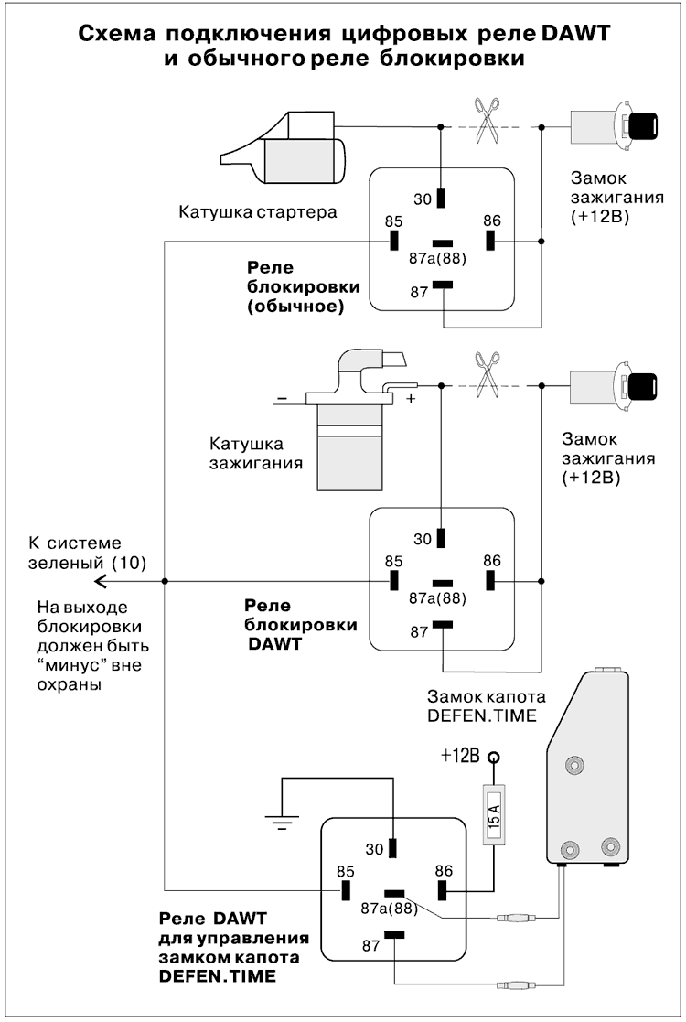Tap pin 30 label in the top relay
pyautogui.click(x=422, y=198)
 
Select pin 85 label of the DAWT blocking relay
pyautogui.click(x=393, y=561)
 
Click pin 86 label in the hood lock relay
pyautogui.click(x=445, y=871)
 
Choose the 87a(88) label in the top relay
pyautogui.click(x=438, y=259)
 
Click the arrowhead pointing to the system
pyautogui.click(x=100, y=581)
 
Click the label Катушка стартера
pyautogui.click(x=260, y=213)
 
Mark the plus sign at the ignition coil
pyautogui.click(x=409, y=399)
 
